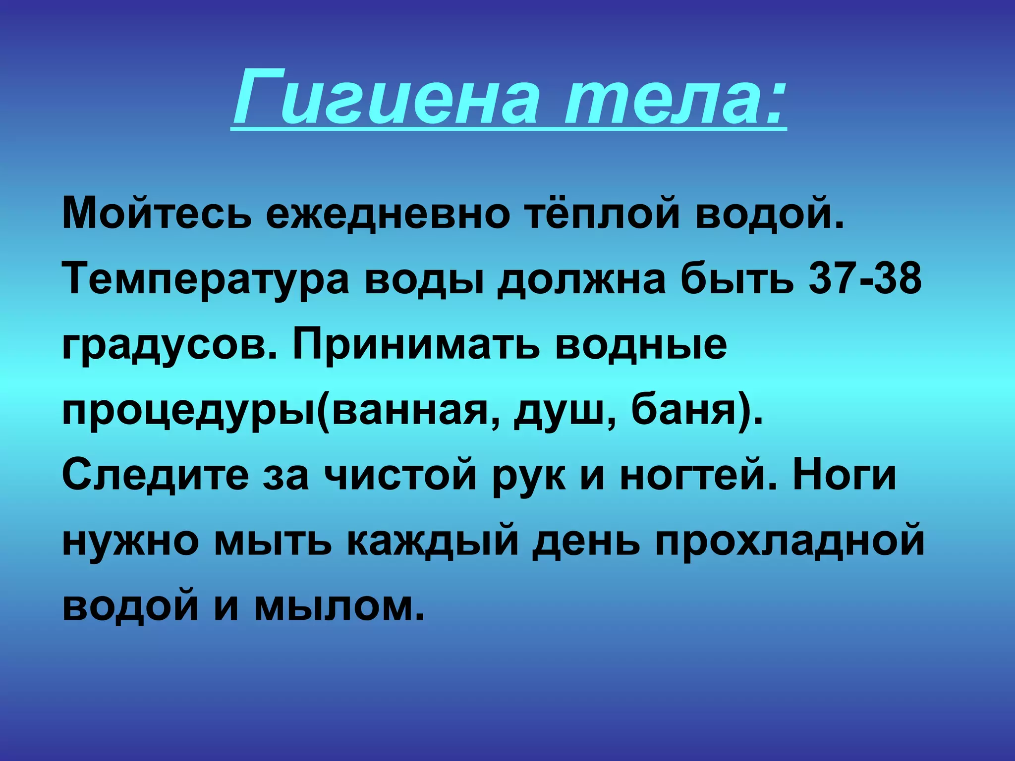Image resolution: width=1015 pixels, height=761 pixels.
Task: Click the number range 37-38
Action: [x=865, y=278]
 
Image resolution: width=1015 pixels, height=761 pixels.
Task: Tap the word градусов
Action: [x=169, y=346]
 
